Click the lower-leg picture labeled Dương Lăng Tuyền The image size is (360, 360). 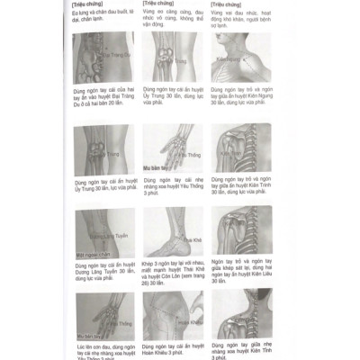[103, 234]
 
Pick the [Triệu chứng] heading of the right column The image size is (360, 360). [225, 4]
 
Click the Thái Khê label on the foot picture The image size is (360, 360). [192, 240]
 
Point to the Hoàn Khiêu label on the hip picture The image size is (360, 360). [186, 320]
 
